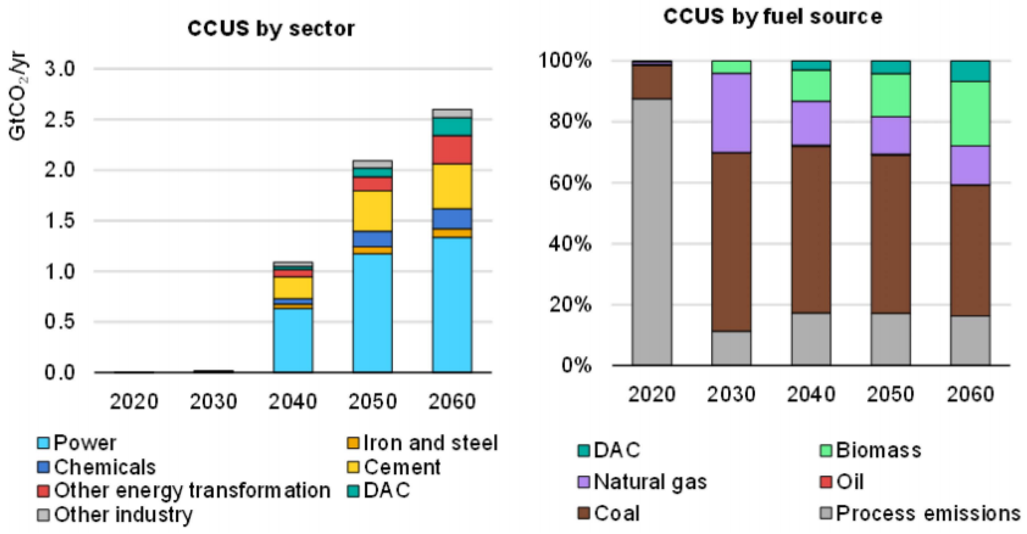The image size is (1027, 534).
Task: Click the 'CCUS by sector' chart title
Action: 271,29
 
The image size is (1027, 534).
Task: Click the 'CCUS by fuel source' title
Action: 772,17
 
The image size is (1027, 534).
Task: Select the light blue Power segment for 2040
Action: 293,341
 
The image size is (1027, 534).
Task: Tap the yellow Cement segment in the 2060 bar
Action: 452,186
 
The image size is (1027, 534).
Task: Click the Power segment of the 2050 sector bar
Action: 373,313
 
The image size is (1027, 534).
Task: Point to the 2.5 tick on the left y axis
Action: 60,120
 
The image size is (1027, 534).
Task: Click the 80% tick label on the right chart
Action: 570,121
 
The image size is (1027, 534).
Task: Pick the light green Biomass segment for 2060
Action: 970,114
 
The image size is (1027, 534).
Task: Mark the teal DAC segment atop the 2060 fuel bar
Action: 970,71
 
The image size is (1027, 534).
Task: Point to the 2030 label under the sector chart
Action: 213,402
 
